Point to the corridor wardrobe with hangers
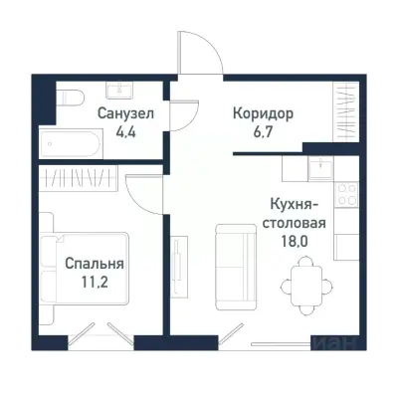(345, 107)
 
